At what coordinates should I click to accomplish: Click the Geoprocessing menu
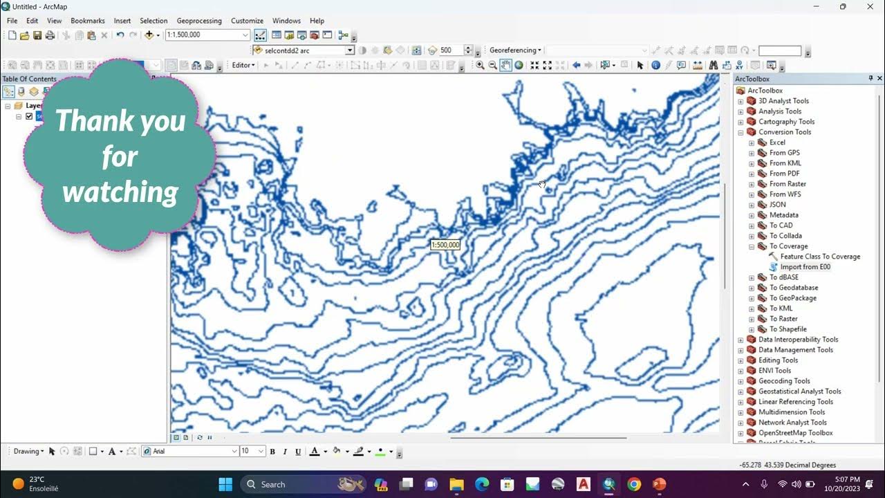pos(199,21)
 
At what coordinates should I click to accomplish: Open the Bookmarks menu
pos(87,21)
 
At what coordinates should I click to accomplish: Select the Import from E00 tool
pos(805,267)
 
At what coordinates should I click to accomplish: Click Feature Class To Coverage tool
pos(820,257)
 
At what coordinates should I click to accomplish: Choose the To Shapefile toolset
pos(788,329)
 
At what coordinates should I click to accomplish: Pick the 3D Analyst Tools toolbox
pos(783,101)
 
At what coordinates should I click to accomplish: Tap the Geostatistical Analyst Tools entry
pos(799,391)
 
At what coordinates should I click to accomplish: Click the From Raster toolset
pos(788,184)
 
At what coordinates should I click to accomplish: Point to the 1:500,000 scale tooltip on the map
pos(445,245)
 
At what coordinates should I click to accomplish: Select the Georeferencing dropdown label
pos(514,50)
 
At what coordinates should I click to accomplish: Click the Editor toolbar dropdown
pos(243,65)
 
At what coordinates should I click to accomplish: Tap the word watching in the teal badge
pos(120,192)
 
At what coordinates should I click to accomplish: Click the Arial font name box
pos(190,451)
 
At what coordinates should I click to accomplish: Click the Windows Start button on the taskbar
pos(225,484)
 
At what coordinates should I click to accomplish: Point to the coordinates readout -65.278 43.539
pos(788,465)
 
